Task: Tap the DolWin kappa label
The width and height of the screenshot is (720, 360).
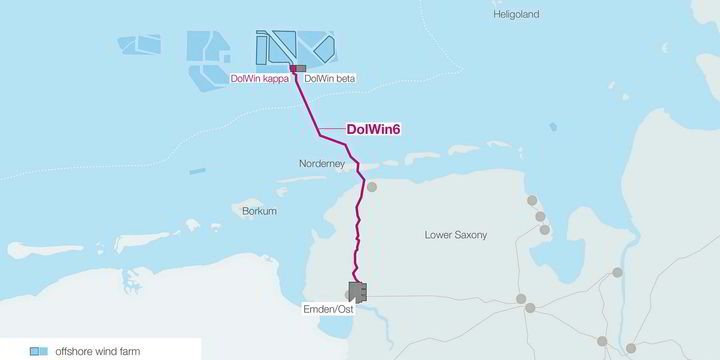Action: pyautogui.click(x=259, y=78)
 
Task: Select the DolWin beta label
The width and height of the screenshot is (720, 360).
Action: pyautogui.click(x=329, y=78)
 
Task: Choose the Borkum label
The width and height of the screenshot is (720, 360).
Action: pyautogui.click(x=259, y=211)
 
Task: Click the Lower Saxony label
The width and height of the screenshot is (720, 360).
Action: pyautogui.click(x=457, y=235)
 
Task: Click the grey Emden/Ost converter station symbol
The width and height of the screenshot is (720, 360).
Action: pyautogui.click(x=357, y=291)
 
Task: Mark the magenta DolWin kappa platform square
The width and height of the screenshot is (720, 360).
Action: pyautogui.click(x=294, y=68)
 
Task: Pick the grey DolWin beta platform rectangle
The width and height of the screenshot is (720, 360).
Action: pyautogui.click(x=302, y=68)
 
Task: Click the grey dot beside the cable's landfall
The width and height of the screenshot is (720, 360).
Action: pyautogui.click(x=372, y=187)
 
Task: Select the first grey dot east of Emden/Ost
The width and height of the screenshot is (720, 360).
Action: pyautogui.click(x=521, y=299)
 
